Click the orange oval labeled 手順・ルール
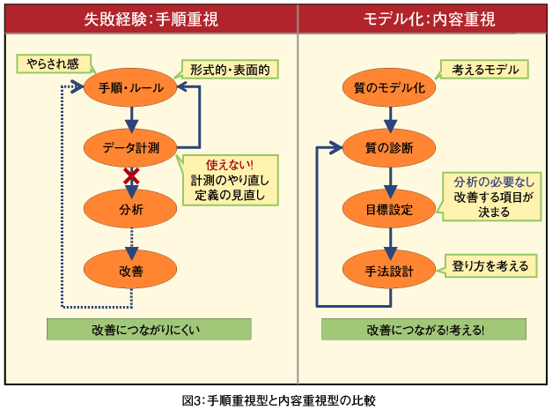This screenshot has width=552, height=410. [130, 87]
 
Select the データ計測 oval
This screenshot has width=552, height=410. [130, 148]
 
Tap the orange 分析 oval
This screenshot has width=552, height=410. [130, 209]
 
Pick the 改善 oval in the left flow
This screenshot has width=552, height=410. [130, 270]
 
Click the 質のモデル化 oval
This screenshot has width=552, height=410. [389, 87]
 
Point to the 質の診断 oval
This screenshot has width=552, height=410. [389, 148]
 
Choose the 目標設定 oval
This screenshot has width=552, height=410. [389, 209]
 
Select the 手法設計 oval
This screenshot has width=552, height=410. [389, 270]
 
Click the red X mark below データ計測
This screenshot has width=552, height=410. [131, 176]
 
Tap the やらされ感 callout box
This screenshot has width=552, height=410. [54, 63]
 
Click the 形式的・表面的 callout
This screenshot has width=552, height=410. [230, 70]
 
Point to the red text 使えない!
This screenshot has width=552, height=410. [230, 165]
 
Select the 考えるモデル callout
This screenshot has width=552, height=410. [485, 70]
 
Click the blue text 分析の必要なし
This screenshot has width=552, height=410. [494, 183]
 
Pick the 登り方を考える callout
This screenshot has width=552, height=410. [490, 265]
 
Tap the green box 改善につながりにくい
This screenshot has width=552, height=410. [149, 330]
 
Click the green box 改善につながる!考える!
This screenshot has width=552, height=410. [423, 330]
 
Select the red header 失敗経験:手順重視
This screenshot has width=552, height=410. [151, 19]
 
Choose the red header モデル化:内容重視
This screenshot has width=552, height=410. [423, 19]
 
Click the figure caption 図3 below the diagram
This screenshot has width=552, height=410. [279, 400]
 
